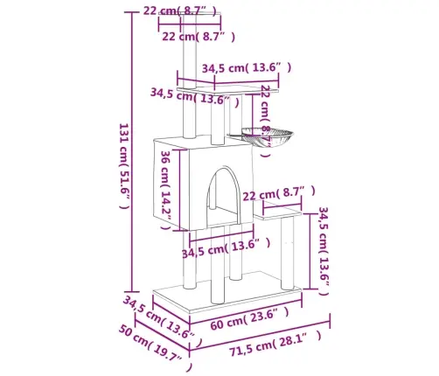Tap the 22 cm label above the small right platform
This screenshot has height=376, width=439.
(277, 192)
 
